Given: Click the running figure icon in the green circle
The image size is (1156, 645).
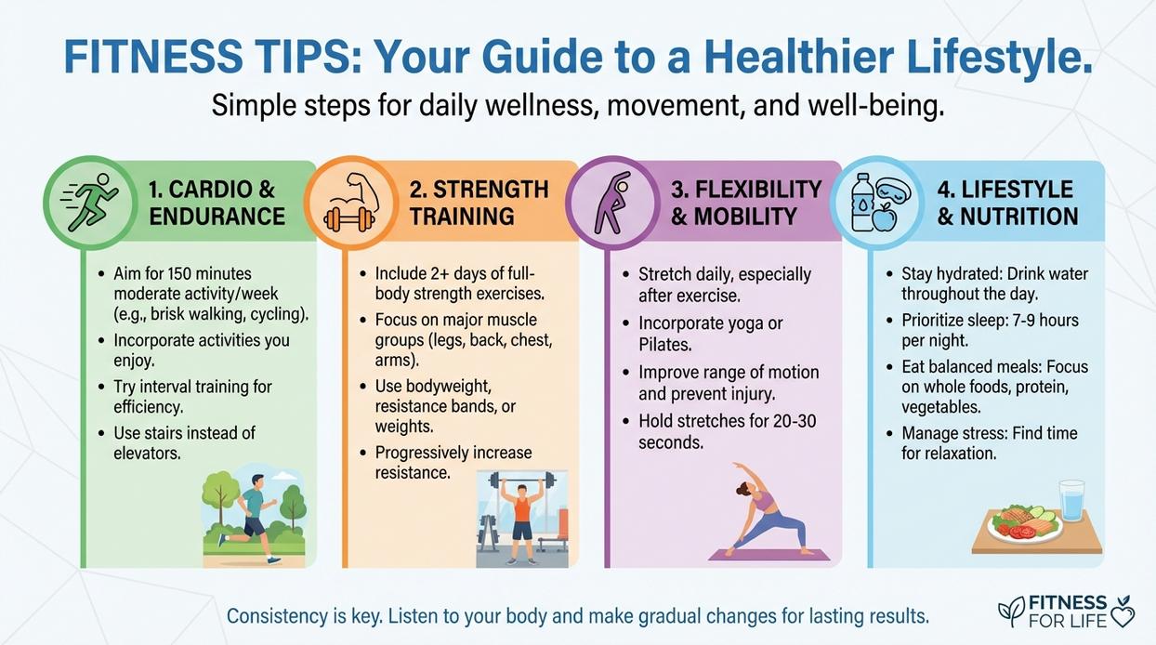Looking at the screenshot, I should tap(90, 203).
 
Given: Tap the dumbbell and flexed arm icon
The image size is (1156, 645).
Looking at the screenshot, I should tap(349, 203).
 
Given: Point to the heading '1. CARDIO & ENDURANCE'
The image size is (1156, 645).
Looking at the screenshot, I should tap(216, 203).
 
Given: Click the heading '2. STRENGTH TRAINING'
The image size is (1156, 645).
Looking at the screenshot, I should tap(479, 203).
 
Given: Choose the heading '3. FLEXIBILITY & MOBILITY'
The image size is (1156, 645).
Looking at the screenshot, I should tap(745, 203).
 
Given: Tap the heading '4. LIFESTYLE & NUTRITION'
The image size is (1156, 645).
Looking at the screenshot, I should tap(1007, 203).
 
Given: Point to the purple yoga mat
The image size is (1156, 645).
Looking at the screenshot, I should tap(768, 554).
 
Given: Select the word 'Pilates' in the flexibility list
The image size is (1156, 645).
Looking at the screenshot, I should tap(664, 345).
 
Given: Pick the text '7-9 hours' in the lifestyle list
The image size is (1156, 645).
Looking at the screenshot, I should tap(1041, 320).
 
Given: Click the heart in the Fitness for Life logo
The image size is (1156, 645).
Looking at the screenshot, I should tap(1122, 615).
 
